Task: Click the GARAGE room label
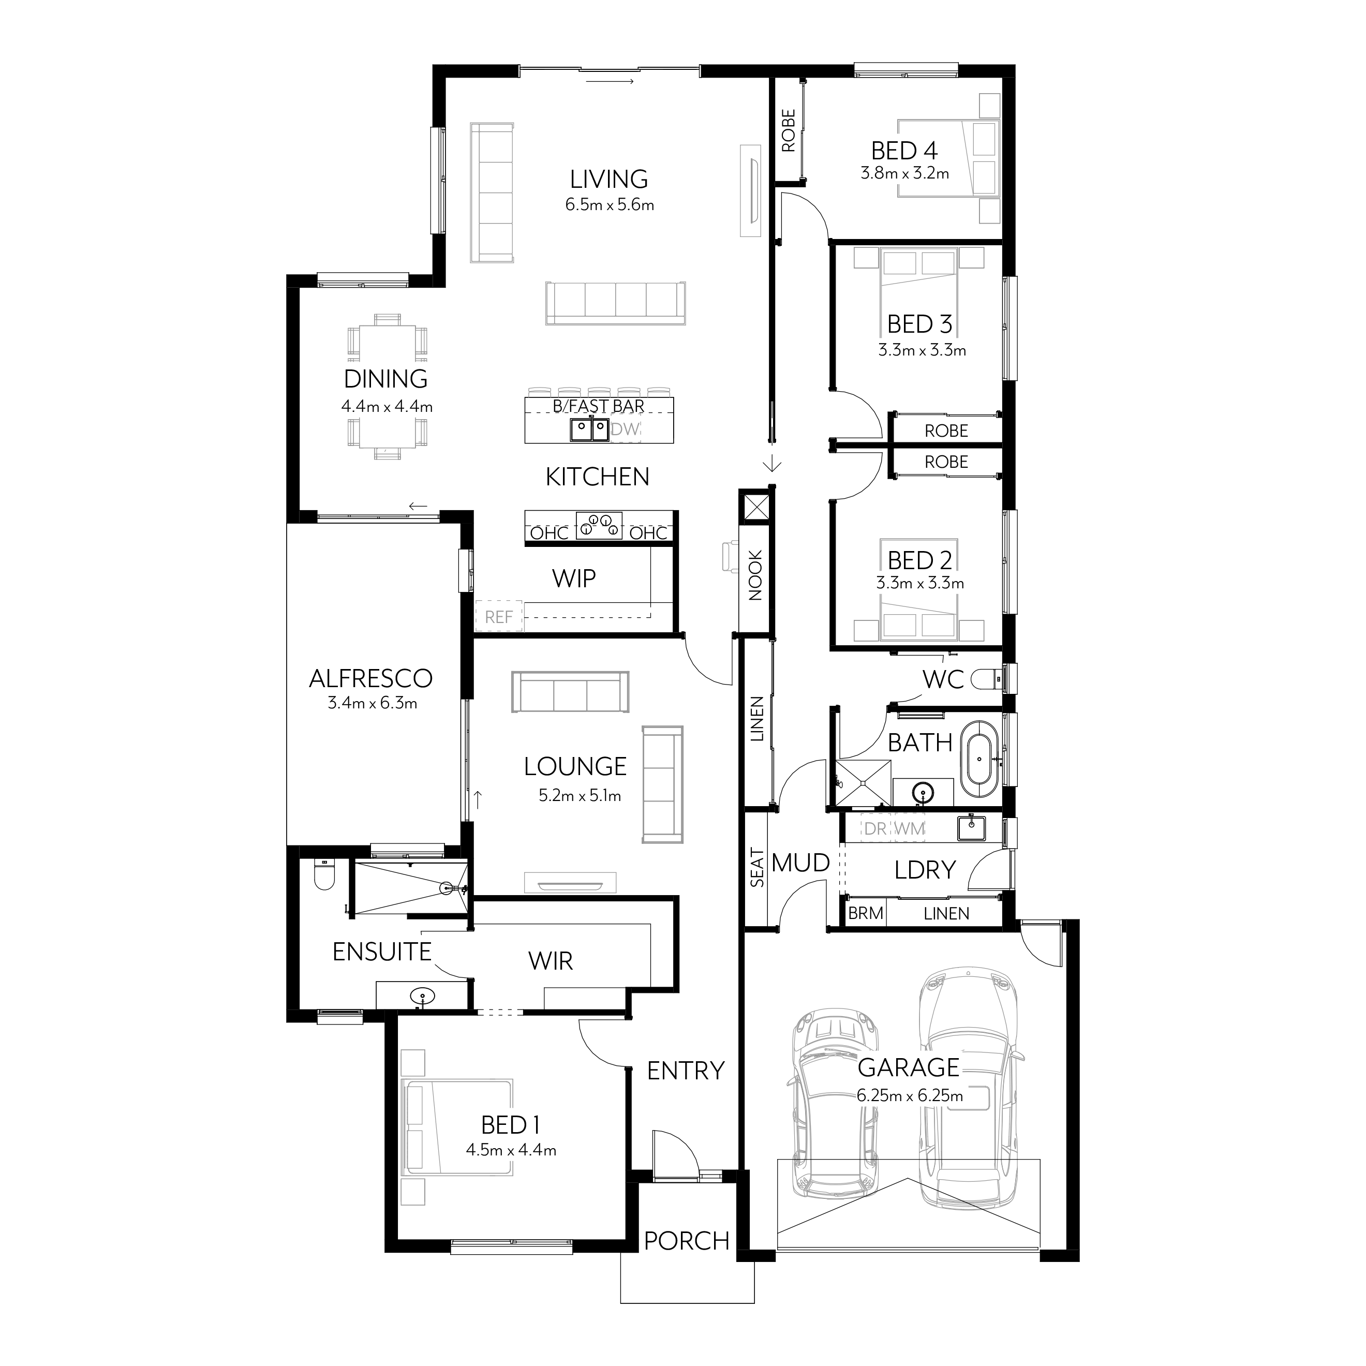tap(909, 1067)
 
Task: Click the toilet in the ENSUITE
tap(324, 877)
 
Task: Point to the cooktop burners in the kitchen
tap(599, 525)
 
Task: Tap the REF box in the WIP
tap(498, 617)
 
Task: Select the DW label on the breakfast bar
tap(626, 429)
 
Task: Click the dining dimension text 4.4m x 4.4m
tap(387, 407)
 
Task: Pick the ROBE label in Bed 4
tap(789, 131)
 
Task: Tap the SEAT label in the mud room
tap(757, 868)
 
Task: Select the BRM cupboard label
tap(866, 913)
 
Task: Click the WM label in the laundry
tap(910, 828)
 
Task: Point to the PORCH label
tap(686, 1241)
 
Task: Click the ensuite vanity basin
tap(422, 997)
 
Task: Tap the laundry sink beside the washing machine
tap(972, 828)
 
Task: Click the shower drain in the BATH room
tap(863, 783)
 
